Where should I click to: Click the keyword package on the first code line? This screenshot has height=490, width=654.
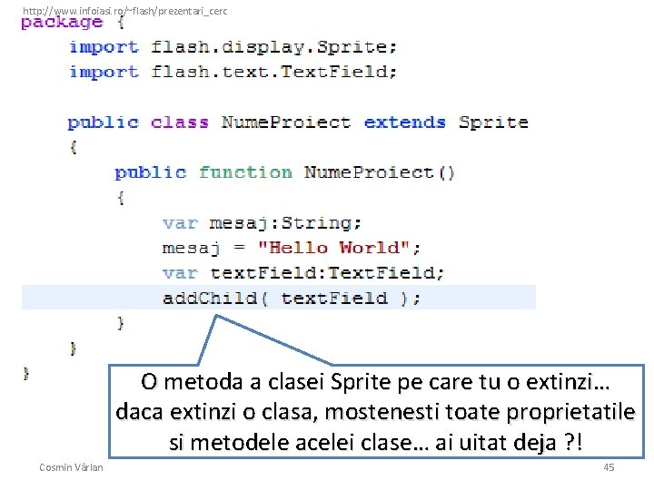62,22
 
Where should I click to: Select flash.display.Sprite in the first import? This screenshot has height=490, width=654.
273,46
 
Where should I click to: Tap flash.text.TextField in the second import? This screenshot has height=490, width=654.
273,72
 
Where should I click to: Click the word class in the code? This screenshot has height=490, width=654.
179,122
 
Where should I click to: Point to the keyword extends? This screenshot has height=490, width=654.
405,122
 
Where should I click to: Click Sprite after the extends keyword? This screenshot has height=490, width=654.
493,122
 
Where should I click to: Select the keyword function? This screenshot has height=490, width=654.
245,171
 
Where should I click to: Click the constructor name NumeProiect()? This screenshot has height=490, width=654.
380,171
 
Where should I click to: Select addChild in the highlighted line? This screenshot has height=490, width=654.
210,298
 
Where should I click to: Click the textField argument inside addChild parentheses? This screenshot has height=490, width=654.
334,298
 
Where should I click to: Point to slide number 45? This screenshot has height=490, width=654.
609,466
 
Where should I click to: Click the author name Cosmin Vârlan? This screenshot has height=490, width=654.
71,466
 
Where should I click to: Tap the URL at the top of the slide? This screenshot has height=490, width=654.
124,11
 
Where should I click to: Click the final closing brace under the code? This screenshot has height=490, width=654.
26,372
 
